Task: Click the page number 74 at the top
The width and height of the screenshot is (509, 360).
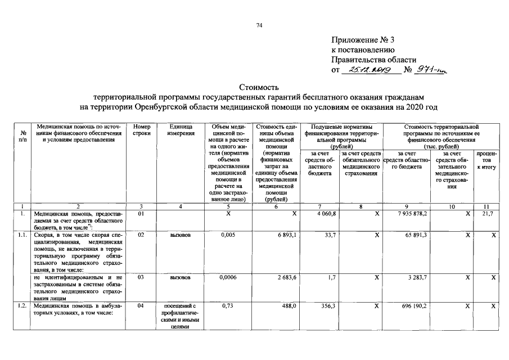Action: pyautogui.click(x=259, y=25)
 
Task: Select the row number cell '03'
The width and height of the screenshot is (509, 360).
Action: pyautogui.click(x=141, y=277)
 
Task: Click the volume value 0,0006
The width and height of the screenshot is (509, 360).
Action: pyautogui.click(x=228, y=277)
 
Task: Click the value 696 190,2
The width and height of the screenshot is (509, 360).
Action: pyautogui.click(x=413, y=306)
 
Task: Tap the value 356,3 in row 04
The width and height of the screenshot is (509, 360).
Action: pyautogui.click(x=327, y=306)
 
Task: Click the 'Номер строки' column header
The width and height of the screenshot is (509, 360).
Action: pyautogui.click(x=142, y=130)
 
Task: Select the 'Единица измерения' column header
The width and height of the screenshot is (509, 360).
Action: pyautogui.click(x=181, y=130)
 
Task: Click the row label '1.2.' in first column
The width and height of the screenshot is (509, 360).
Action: pyautogui.click(x=21, y=306)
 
